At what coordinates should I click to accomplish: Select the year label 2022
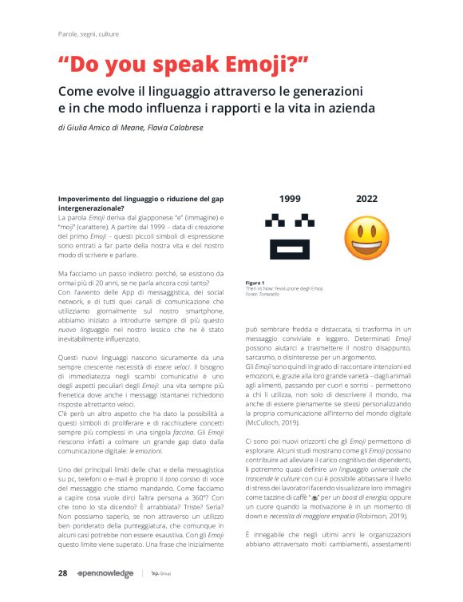coord(366,199)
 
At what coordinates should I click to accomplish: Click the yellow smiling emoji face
coord(366,238)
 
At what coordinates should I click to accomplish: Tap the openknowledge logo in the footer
coord(105,573)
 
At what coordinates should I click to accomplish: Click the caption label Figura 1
coord(255,282)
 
